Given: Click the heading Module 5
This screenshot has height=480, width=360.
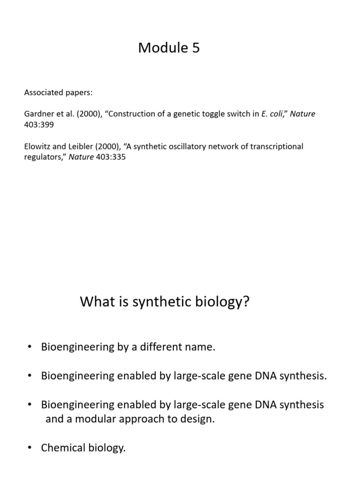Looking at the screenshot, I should (169, 48).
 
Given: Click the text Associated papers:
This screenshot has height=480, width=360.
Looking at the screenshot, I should (58, 92).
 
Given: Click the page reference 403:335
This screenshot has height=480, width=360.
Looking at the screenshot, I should (111, 157).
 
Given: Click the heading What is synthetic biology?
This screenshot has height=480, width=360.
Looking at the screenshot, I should (165, 301).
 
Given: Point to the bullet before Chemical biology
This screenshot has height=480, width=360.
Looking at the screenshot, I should (30, 448).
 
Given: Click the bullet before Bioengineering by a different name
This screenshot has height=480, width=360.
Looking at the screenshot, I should (30, 347).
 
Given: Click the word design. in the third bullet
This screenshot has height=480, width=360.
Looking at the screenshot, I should (196, 419).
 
